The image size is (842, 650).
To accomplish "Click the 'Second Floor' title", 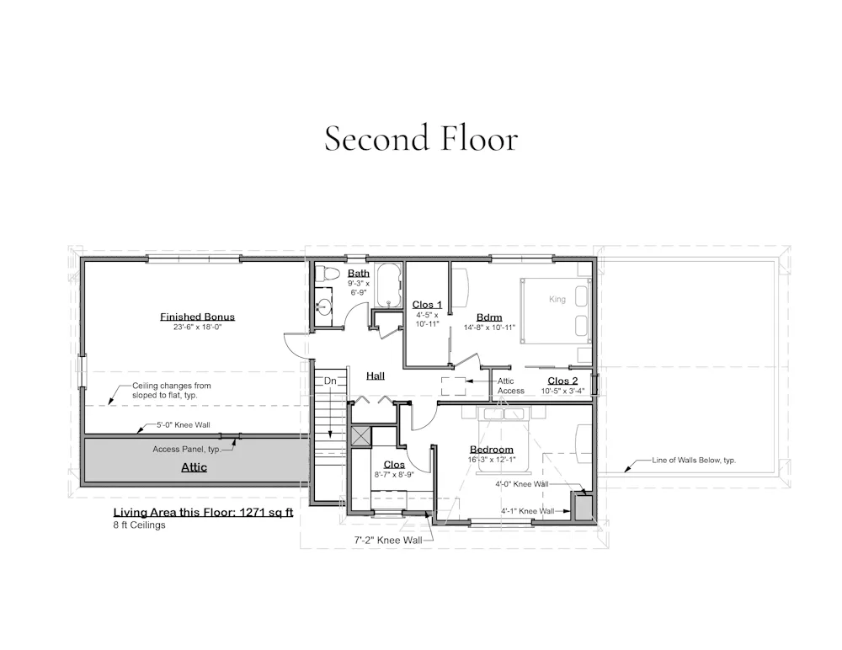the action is (421, 138).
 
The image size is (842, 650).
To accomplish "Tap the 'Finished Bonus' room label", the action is (197, 317).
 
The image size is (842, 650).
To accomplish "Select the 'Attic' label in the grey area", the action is (194, 467).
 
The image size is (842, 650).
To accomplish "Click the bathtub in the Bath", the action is (387, 285).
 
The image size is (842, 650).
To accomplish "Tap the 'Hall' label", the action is (376, 376).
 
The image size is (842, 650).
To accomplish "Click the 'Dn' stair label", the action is (330, 381).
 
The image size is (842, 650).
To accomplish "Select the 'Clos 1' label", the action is (427, 305).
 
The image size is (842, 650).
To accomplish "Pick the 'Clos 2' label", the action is (562, 381).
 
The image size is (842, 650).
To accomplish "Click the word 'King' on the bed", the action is (557, 299).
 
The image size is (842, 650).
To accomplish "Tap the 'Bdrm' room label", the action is (489, 317).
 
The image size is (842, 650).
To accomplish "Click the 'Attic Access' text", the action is (511, 386).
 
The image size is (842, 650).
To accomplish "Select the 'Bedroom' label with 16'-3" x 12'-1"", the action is (492, 450).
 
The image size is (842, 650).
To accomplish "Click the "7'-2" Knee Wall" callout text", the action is (387, 541).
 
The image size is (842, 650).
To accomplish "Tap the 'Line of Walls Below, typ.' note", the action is (694, 461).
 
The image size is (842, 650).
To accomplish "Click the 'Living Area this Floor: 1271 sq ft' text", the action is (203, 513).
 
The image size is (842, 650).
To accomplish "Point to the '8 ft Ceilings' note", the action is (139, 525).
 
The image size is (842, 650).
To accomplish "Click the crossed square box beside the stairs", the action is (360, 435).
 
